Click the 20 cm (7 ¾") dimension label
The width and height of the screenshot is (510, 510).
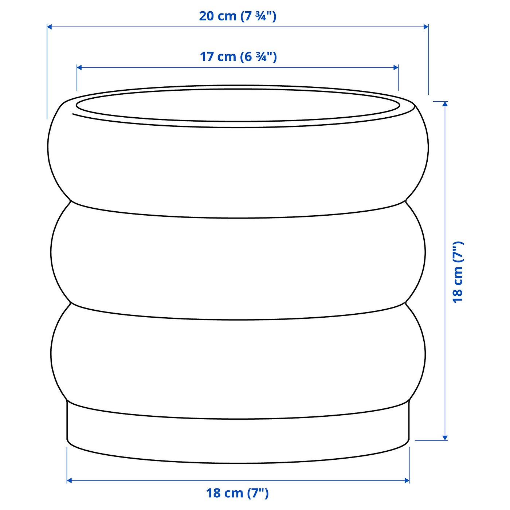coord(238,16)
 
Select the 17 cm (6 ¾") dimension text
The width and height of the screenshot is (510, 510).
coord(238,57)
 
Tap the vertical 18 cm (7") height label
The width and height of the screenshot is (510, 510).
coord(458,272)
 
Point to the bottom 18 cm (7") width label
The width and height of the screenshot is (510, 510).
coord(238,493)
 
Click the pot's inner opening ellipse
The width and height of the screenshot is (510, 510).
coord(238,106)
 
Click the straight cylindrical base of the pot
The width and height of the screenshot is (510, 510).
coord(238,441)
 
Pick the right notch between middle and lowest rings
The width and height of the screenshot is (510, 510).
coord(406,302)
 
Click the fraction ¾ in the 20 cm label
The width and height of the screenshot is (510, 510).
coord(261,16)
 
